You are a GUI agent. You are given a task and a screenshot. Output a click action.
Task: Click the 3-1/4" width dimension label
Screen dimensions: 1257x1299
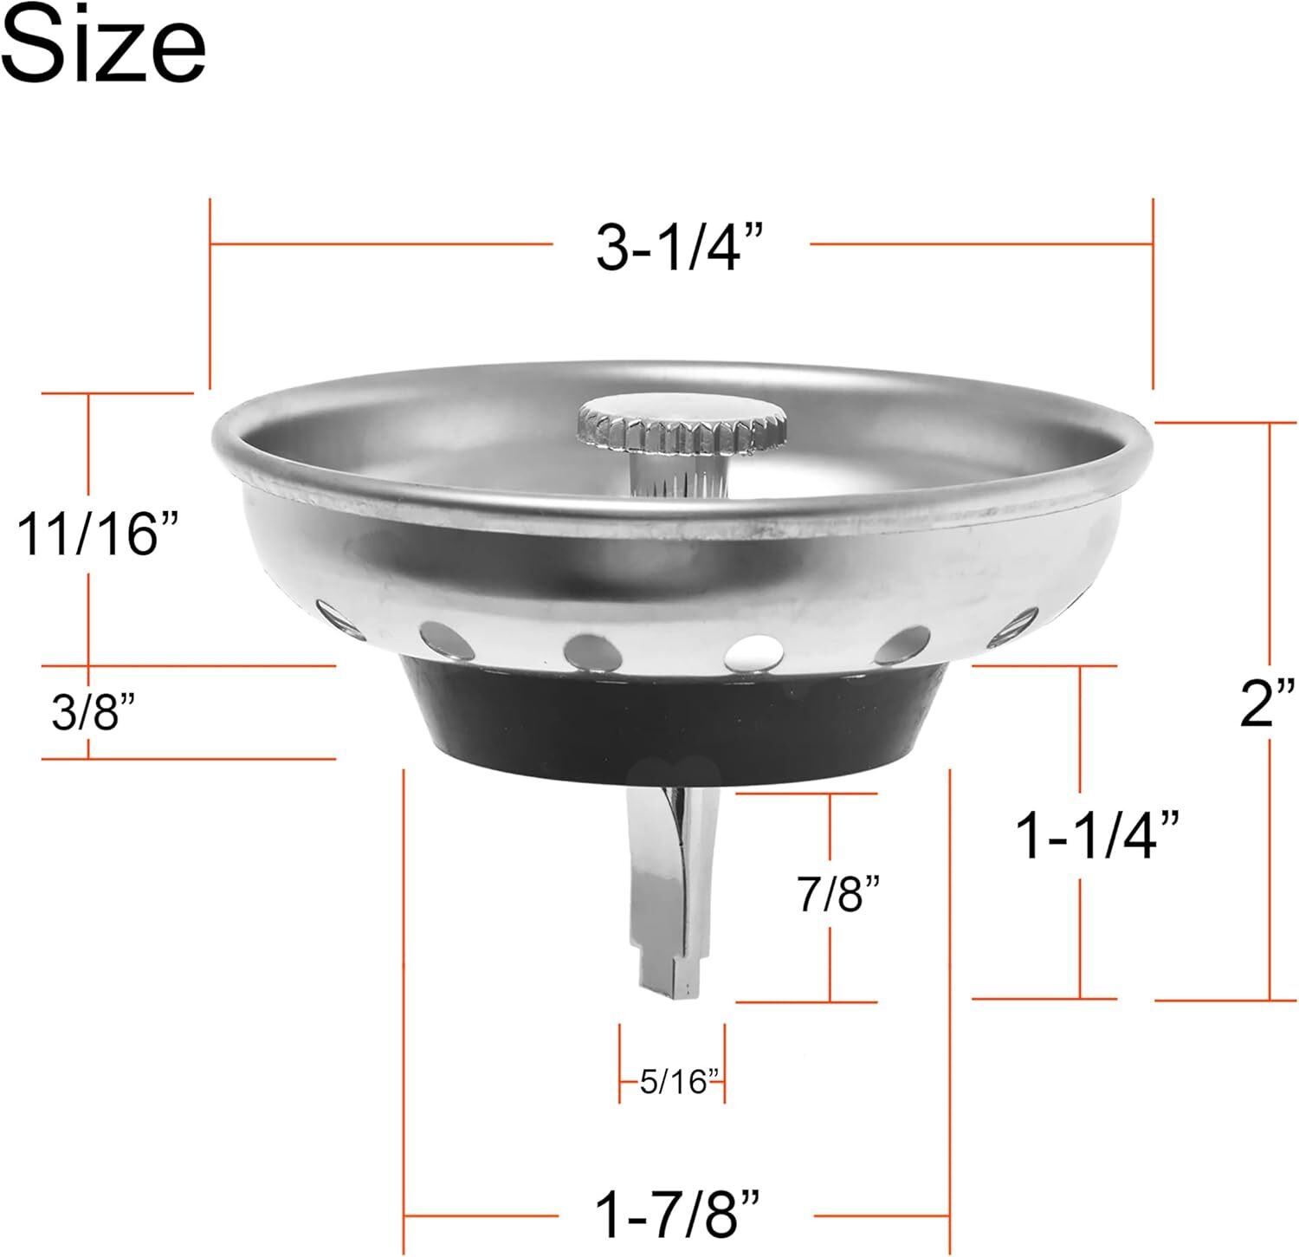click(x=680, y=247)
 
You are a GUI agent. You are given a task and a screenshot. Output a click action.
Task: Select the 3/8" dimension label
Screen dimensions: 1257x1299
click(x=94, y=712)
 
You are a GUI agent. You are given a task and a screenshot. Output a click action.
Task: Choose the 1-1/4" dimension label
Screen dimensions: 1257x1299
click(x=1097, y=836)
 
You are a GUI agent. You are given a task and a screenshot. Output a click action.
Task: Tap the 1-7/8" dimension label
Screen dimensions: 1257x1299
click(x=678, y=1214)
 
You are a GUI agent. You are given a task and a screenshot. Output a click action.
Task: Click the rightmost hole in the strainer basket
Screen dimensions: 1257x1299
click(x=1014, y=625)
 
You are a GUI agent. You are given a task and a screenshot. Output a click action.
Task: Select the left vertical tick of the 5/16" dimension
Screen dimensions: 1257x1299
click(x=620, y=1064)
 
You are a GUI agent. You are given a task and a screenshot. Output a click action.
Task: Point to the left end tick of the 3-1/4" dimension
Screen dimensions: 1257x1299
click(x=210, y=295)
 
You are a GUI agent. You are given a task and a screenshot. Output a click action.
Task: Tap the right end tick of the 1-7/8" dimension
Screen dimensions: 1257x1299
click(x=951, y=1005)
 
